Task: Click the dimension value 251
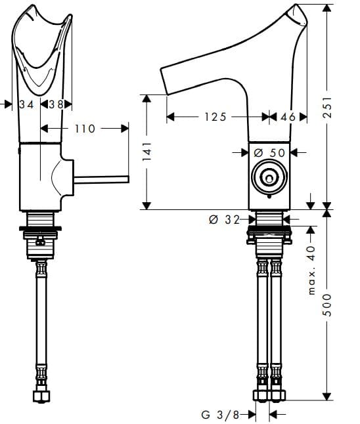[330, 104]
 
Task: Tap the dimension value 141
[148, 152]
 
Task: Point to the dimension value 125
[214, 117]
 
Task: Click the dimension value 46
[288, 117]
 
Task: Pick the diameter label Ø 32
[223, 220]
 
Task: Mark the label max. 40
[311, 269]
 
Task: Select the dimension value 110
[84, 129]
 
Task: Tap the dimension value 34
[27, 104]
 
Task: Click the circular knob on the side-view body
[269, 177]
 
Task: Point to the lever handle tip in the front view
[126, 179]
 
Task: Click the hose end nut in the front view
[41, 395]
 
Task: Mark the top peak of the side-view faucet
[298, 8]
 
